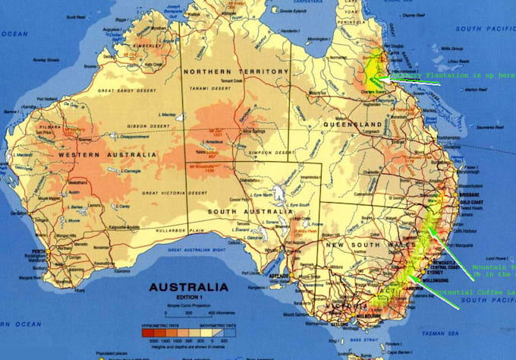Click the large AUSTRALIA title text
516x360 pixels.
(x=187, y=287)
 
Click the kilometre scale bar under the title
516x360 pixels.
(x=188, y=311)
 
